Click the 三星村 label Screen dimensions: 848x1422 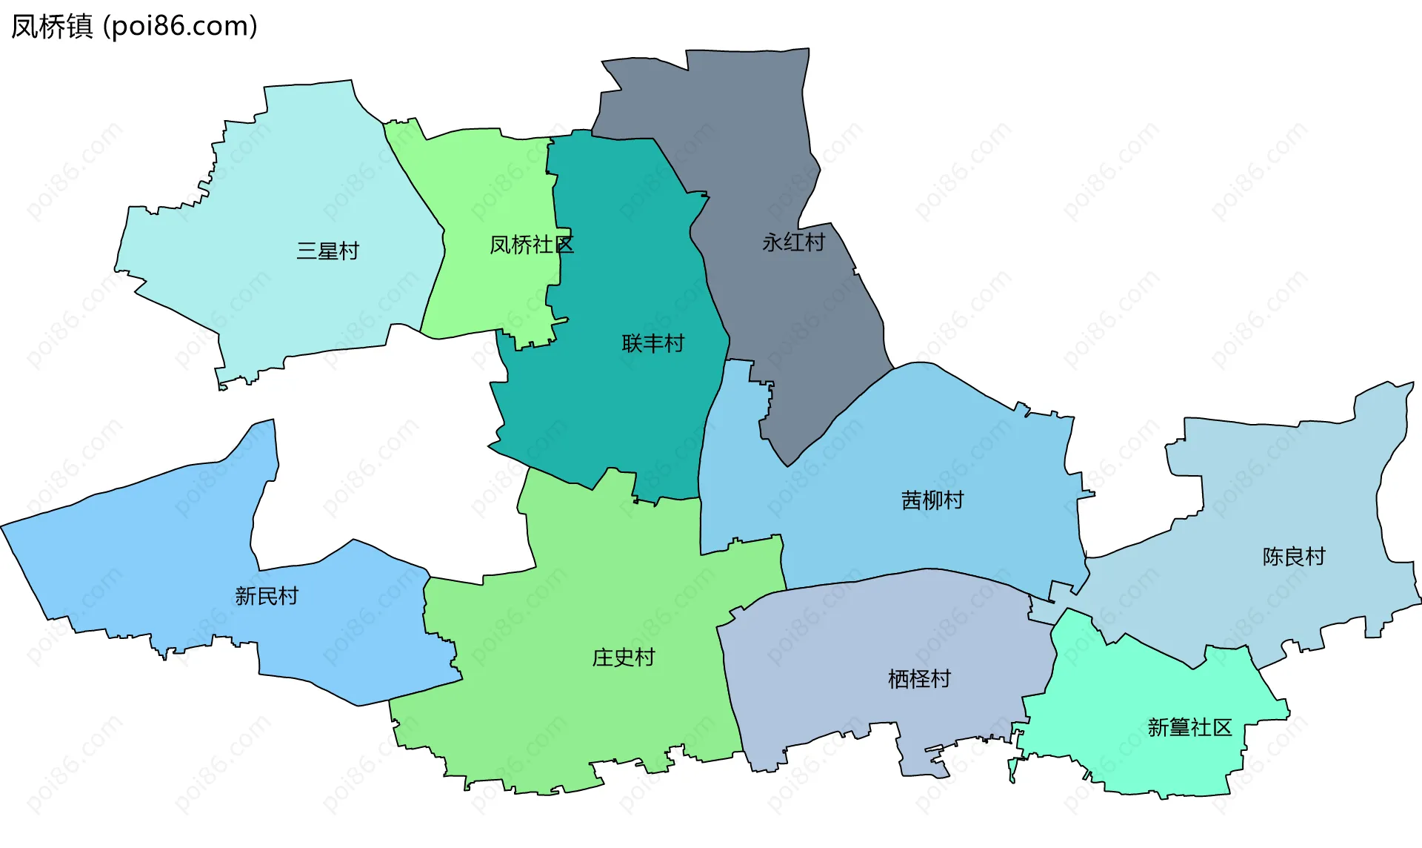327,251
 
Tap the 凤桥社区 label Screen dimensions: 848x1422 531,245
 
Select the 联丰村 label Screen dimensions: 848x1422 652,343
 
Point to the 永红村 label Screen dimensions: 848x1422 793,242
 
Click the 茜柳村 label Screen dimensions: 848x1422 932,500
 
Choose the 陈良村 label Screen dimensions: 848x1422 1293,556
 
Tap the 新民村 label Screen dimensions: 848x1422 266,596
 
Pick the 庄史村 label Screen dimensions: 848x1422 623,657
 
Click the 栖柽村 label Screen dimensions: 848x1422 918,678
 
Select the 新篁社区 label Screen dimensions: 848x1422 1189,727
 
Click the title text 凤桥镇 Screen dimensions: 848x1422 52,27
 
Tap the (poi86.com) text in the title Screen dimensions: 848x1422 180,27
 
